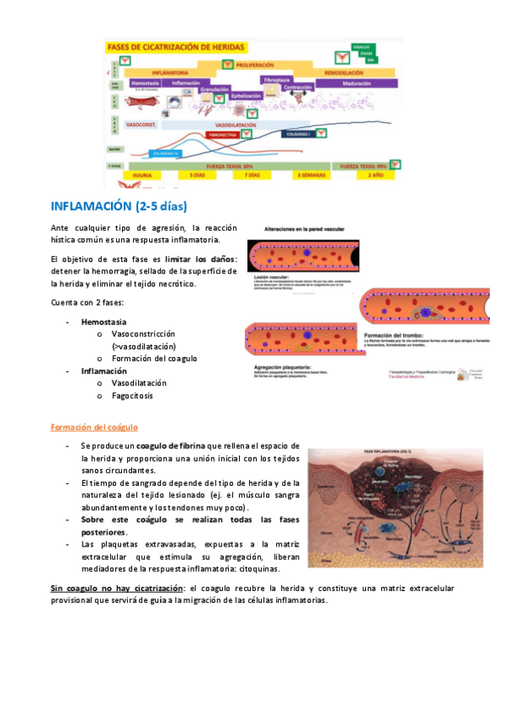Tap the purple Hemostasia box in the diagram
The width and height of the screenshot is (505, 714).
(x=145, y=83)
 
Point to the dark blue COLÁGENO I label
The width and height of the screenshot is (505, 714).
(x=300, y=133)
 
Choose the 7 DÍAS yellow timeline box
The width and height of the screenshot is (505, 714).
(x=252, y=175)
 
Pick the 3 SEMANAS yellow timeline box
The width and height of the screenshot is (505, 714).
(x=310, y=175)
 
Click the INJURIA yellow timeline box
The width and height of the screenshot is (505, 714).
(x=141, y=175)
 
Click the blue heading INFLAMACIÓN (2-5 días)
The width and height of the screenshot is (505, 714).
(x=119, y=206)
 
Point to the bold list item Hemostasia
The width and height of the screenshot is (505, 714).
(x=104, y=322)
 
